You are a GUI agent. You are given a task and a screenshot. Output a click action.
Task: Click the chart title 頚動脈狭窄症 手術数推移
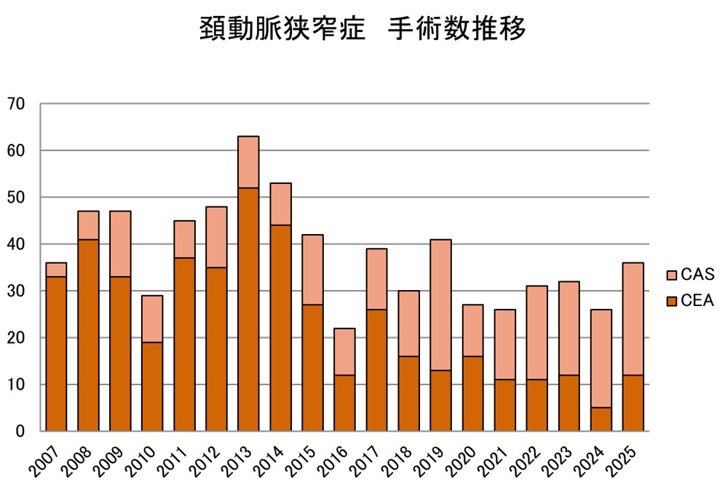[x=362, y=30]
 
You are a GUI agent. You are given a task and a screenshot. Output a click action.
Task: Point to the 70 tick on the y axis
[x=15, y=104]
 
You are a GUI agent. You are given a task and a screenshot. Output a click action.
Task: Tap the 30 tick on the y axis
[x=15, y=291]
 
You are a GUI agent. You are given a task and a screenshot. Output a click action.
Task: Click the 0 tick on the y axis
[x=20, y=431]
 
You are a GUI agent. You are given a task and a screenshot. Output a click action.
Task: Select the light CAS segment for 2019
[x=440, y=305]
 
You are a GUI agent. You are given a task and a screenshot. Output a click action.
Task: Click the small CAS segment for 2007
[x=56, y=270]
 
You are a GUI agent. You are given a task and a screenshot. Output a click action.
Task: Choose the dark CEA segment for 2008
[x=88, y=335]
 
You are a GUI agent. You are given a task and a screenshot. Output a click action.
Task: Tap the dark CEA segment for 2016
[x=344, y=403]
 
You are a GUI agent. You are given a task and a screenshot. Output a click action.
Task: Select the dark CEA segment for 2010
[x=152, y=387]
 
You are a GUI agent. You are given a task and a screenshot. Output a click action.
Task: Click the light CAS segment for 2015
[x=312, y=270]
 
